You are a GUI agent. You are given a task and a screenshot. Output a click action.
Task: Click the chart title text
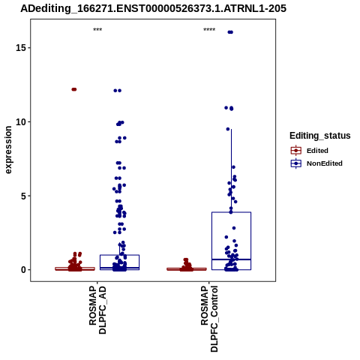click(153, 8)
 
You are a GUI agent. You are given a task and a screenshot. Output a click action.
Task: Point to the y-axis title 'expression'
click(8, 150)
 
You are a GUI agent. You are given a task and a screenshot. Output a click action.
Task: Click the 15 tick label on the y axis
click(21, 48)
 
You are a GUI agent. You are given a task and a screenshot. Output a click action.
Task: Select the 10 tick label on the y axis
click(21, 122)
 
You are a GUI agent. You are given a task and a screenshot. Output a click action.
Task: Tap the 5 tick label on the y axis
click(24, 196)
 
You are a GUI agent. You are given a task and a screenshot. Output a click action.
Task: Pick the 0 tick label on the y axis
click(24, 270)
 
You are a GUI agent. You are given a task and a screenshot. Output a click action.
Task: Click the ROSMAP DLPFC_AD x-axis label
click(97, 310)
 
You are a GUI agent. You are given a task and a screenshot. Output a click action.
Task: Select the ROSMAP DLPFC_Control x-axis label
click(209, 319)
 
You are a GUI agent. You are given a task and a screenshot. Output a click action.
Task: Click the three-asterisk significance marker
click(97, 30)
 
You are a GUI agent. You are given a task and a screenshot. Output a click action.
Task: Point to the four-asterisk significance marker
click(209, 30)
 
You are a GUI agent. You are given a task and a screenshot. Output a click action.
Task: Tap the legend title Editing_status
click(320, 136)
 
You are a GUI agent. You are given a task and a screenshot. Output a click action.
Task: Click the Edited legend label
click(317, 151)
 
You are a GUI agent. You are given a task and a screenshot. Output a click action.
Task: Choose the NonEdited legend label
click(325, 163)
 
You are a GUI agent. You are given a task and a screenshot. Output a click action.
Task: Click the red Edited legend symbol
click(296, 151)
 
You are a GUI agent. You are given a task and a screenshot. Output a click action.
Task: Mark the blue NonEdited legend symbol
click(296, 163)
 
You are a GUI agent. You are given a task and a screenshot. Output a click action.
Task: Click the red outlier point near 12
click(74, 89)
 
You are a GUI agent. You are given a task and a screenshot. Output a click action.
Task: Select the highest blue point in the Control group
click(230, 32)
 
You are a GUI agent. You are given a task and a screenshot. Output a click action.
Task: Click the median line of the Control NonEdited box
click(231, 259)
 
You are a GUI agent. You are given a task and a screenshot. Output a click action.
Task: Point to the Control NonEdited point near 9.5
click(228, 129)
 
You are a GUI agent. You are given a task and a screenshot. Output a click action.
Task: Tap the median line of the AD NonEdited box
click(119, 268)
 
